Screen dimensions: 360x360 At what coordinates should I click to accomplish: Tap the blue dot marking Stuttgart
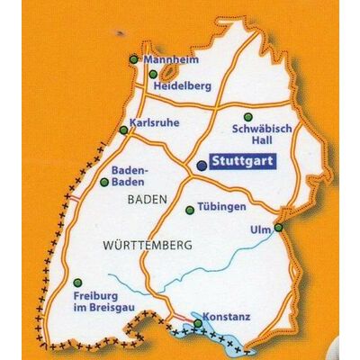[201, 165]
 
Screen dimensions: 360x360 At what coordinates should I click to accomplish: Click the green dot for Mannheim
[133, 59]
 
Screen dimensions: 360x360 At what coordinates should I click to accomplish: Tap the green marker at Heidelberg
[153, 75]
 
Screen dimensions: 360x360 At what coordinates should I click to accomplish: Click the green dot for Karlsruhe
[123, 130]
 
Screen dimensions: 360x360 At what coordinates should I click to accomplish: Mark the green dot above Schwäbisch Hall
[248, 116]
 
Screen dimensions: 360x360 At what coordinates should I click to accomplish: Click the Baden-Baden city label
[129, 175]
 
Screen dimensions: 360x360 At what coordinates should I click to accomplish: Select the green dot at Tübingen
[189, 211]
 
